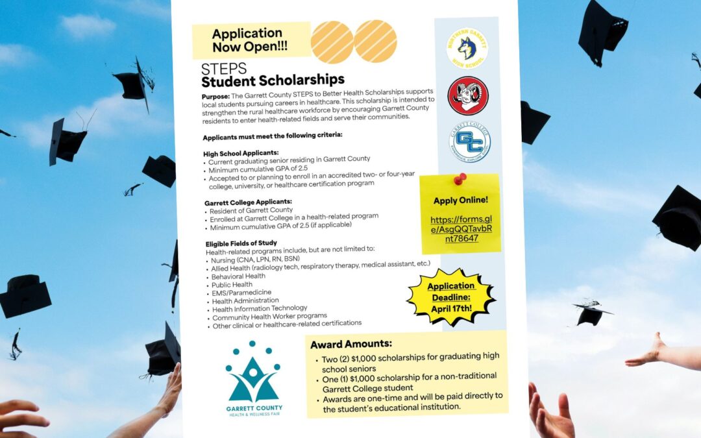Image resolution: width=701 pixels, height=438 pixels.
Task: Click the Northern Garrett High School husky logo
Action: tap(467, 48)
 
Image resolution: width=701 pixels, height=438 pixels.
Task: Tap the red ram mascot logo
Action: tap(468, 95)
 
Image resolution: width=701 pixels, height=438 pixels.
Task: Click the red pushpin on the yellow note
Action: tap(460, 178)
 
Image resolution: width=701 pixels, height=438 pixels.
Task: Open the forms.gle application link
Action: tap(461, 228)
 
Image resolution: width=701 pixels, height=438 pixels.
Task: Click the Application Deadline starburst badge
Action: tap(451, 297)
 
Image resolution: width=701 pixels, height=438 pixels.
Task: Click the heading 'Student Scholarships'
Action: tap(273, 80)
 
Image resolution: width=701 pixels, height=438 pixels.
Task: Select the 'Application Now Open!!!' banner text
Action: tap(247, 40)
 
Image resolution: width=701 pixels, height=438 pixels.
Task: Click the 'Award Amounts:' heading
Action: tap(350, 344)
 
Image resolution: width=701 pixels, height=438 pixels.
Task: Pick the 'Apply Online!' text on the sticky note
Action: tap(460, 201)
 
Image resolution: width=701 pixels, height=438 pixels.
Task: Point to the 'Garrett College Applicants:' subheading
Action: tap(248, 202)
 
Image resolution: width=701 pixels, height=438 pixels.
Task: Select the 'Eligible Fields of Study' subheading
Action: tap(241, 243)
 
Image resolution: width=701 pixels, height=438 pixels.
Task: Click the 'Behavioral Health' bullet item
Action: tap(238, 276)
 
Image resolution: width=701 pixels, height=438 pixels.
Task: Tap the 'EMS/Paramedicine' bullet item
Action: tap(241, 293)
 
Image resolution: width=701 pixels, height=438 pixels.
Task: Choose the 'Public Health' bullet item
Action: tap(232, 285)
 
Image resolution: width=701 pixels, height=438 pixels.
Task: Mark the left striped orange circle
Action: tap(332, 42)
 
